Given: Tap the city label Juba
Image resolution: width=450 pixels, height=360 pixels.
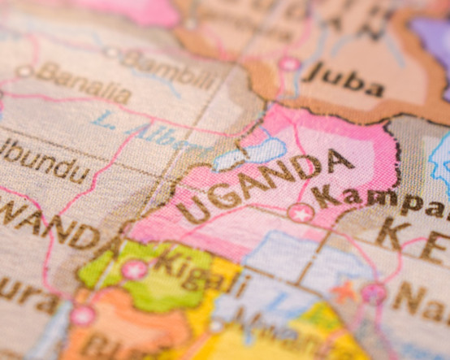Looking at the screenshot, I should click(344, 79).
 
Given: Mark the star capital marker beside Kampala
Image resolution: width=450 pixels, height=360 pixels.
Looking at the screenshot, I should click(301, 214).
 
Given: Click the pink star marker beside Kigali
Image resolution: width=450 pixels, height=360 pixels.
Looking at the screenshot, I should click(134, 269).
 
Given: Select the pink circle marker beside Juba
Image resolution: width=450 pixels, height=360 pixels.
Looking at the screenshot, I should click(289, 63).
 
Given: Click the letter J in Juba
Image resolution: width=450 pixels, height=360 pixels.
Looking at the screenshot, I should click(314, 74).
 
